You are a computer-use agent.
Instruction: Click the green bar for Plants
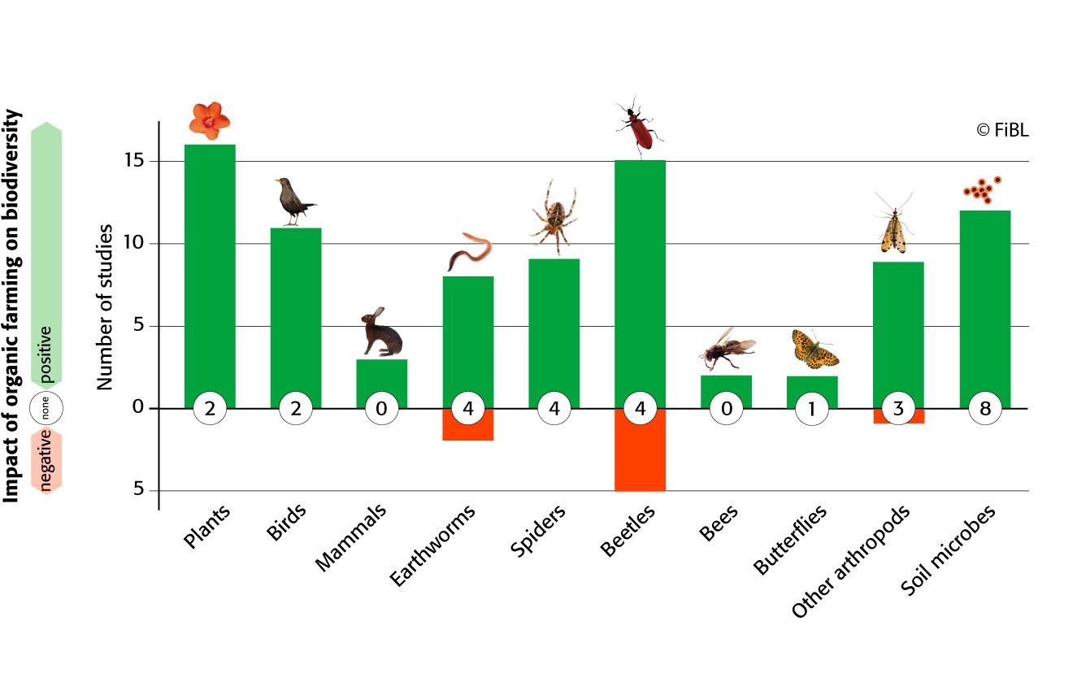point(210,268)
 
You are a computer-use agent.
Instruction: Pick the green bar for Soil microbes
point(984,301)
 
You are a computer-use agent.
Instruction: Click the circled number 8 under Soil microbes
point(985,408)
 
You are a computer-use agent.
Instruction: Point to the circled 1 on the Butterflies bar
point(812,408)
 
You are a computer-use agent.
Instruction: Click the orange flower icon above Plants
point(210,120)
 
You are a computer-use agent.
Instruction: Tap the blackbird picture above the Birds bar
point(293,202)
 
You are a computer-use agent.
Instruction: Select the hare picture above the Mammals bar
point(381,333)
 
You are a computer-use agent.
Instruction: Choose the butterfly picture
point(814,348)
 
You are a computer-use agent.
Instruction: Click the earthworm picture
point(469,252)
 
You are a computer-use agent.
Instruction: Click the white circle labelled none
point(46,410)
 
